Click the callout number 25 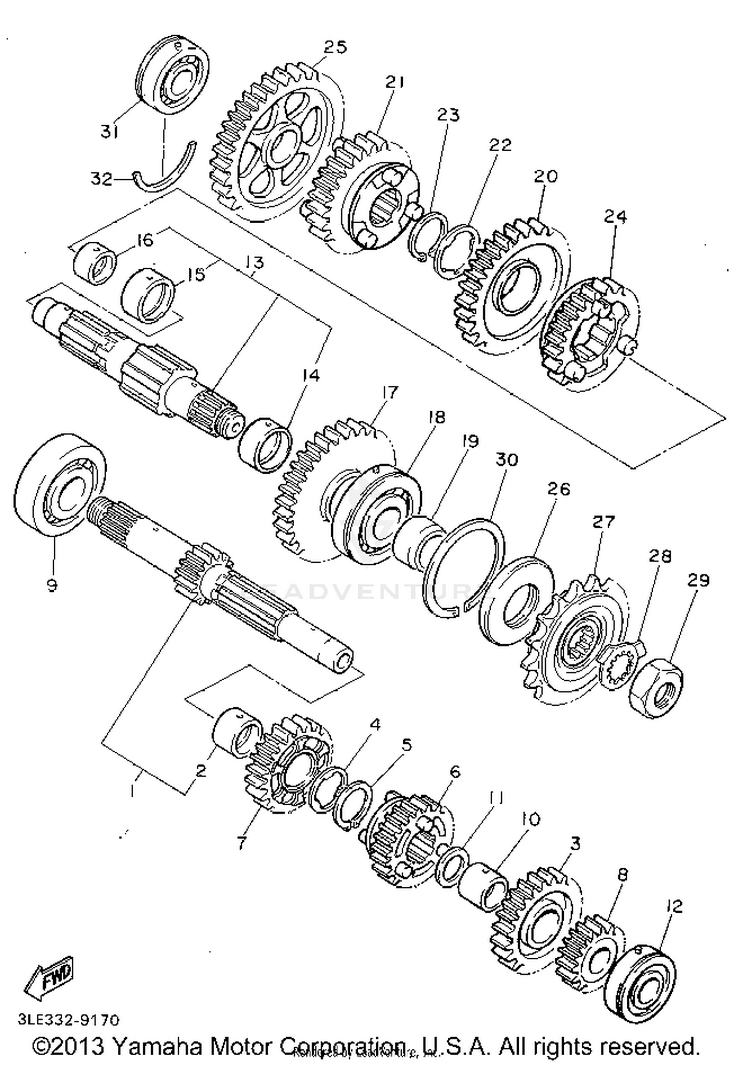pos(335,47)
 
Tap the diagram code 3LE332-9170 pos(69,1019)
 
